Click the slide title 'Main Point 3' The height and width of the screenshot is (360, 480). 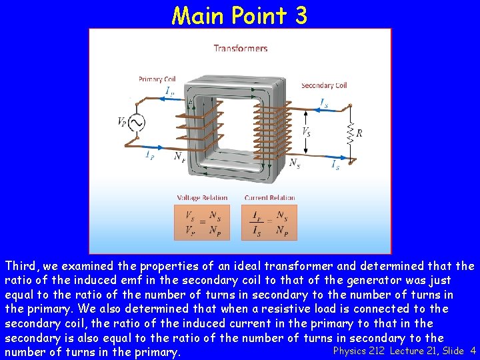[239, 15]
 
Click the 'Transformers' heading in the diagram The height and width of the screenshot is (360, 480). [241, 48]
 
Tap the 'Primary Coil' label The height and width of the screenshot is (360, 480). [155, 79]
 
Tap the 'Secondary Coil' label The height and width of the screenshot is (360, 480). [324, 85]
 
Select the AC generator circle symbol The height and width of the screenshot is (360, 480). [137, 123]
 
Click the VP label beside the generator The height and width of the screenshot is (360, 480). [122, 123]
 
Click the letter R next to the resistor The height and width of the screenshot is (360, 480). [359, 133]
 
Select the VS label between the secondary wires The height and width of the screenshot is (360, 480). [307, 132]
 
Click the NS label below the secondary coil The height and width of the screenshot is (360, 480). [294, 162]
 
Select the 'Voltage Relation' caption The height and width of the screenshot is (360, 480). [202, 197]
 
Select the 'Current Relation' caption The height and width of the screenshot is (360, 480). [269, 197]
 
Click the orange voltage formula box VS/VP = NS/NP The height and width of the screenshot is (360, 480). [202, 222]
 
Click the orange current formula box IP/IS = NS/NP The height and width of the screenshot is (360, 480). [269, 222]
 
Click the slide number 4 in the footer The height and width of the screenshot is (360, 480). [473, 351]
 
